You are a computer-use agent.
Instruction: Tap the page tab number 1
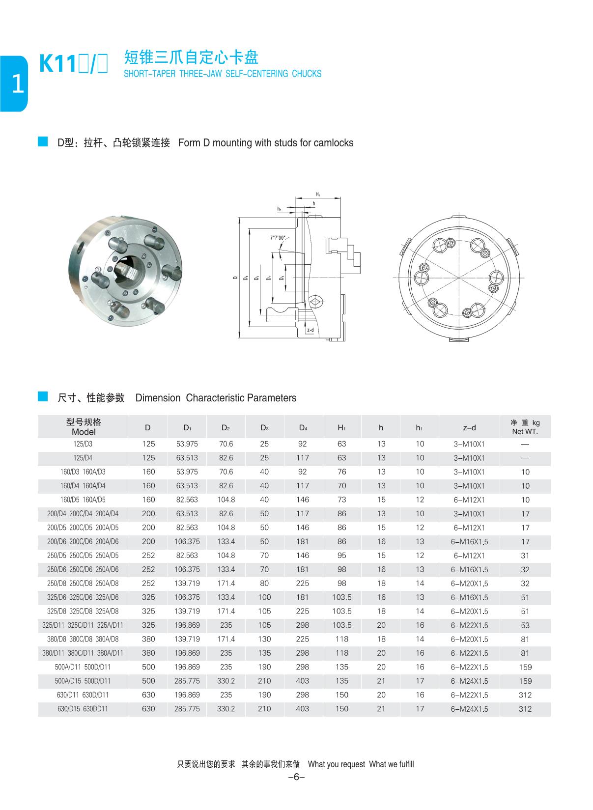17,84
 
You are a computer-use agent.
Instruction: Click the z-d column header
469,427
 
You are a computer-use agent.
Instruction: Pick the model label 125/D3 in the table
83,444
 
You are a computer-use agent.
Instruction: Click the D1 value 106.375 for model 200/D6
187,541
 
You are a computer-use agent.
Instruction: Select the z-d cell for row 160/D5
469,500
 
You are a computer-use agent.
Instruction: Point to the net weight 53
525,625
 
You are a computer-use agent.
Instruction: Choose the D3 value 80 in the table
264,584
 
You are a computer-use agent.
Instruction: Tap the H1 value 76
341,472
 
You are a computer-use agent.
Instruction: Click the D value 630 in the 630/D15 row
148,709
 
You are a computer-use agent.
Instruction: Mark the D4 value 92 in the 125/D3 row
302,444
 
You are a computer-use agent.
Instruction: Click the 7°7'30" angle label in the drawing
278,238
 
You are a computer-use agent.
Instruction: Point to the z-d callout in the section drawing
310,330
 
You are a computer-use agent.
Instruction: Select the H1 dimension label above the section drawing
318,195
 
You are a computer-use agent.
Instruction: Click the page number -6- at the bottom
296,777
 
